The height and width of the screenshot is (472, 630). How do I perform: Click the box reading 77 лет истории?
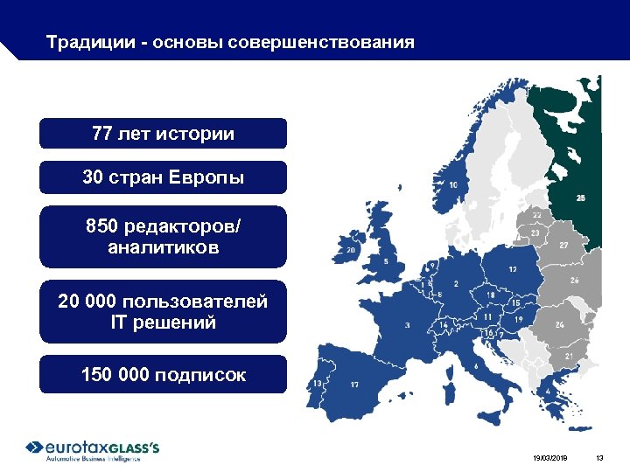pyautogui.click(x=163, y=134)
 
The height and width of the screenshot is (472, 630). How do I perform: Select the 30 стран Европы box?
pyautogui.click(x=163, y=177)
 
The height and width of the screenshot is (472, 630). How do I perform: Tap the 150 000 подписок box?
pyautogui.click(x=163, y=375)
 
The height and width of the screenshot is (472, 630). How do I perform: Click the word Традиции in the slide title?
pyautogui.click(x=80, y=42)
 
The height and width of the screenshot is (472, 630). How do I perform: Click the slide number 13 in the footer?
pyautogui.click(x=599, y=458)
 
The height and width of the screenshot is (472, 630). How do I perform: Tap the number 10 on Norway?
pyautogui.click(x=453, y=185)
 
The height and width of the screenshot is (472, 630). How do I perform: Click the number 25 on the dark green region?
pyautogui.click(x=581, y=198)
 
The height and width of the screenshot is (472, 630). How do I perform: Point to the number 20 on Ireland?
pyautogui.click(x=352, y=250)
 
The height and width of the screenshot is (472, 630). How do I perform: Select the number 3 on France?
pyautogui.click(x=407, y=324)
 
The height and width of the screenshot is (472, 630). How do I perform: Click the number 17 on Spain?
pyautogui.click(x=354, y=384)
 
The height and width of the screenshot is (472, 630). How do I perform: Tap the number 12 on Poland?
pyautogui.click(x=511, y=270)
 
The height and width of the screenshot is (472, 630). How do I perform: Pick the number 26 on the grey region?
pyautogui.click(x=574, y=281)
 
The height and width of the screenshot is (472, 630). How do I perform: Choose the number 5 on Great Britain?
pyautogui.click(x=386, y=261)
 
